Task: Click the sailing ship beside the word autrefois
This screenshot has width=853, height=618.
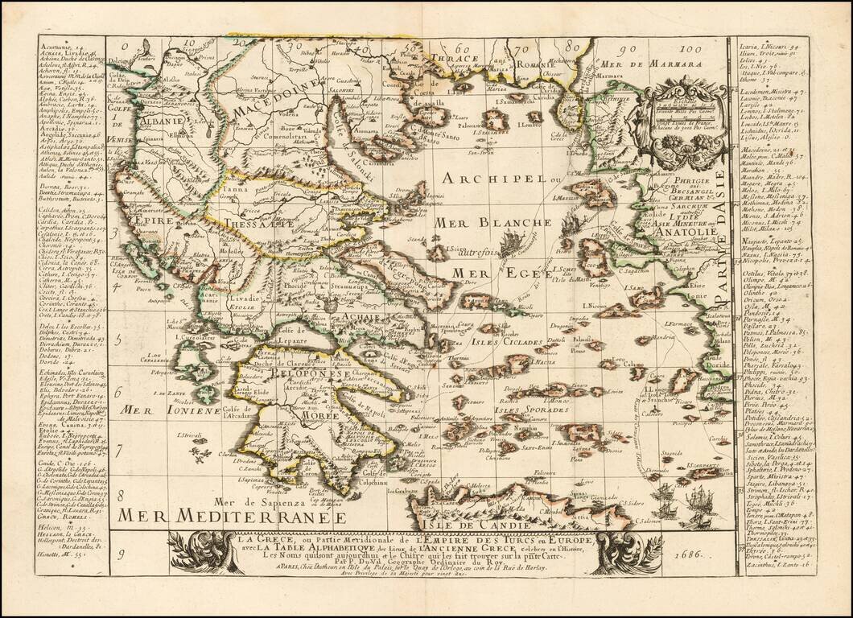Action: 512,240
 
